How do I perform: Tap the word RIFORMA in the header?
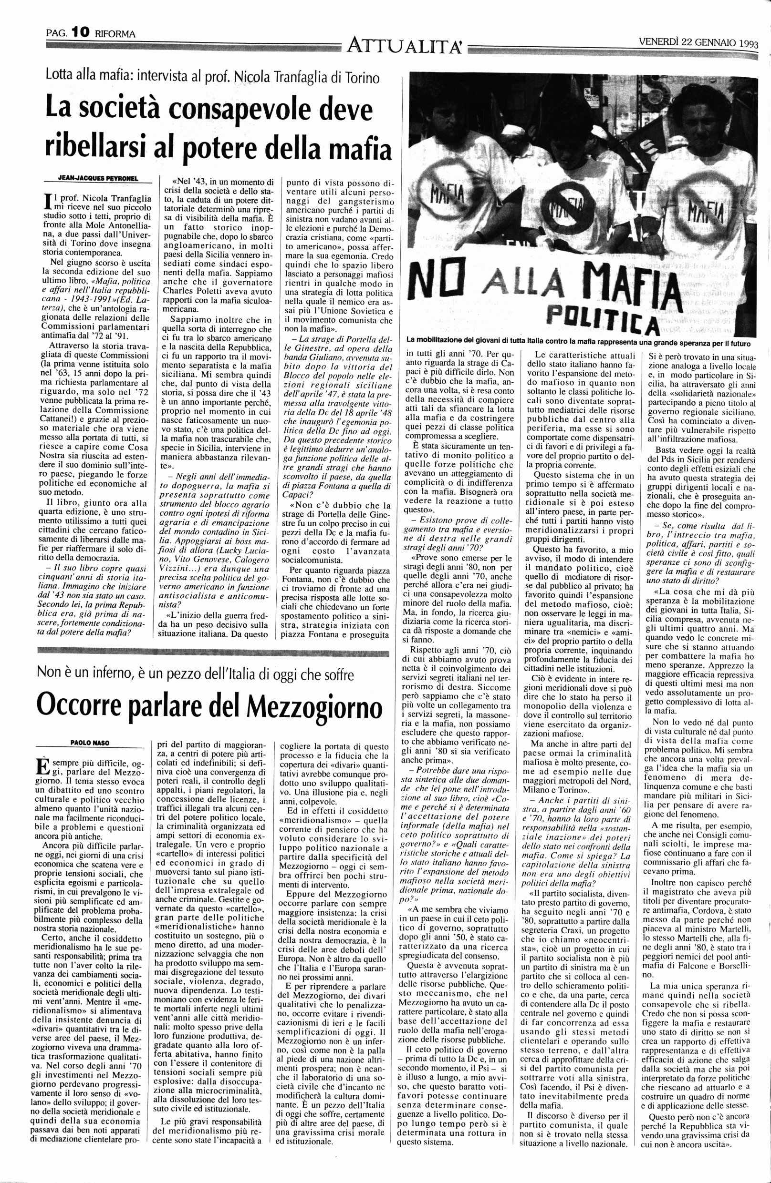115,34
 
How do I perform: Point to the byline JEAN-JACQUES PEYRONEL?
98,178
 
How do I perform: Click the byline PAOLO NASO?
90,743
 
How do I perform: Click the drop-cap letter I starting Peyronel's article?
48,200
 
